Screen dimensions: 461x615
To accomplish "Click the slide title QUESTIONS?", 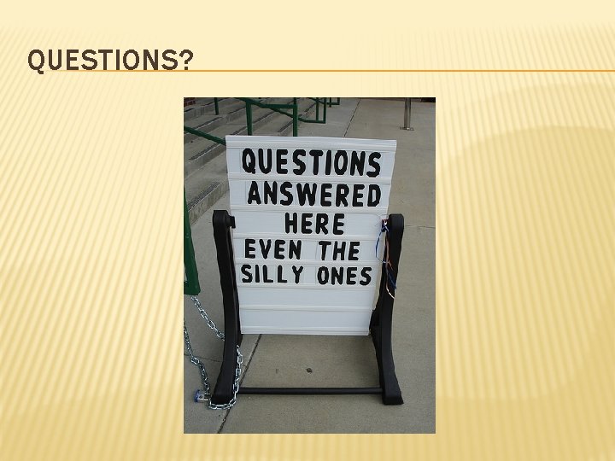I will point(110,61).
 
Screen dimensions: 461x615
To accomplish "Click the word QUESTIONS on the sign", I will point(311,162).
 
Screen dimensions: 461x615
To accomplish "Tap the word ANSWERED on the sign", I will point(313,195).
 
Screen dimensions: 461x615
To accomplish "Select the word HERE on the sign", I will point(314,224).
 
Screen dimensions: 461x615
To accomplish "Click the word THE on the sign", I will point(339,251).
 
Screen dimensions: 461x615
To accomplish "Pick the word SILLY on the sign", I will point(272,274).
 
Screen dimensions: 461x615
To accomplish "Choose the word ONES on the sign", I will point(344,276).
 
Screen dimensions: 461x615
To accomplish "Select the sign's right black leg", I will point(389,324).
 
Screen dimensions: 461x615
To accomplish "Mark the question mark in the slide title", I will point(186,61).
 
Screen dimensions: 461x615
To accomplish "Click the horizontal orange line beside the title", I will point(401,71).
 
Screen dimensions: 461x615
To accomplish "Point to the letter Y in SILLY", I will point(296,274).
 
